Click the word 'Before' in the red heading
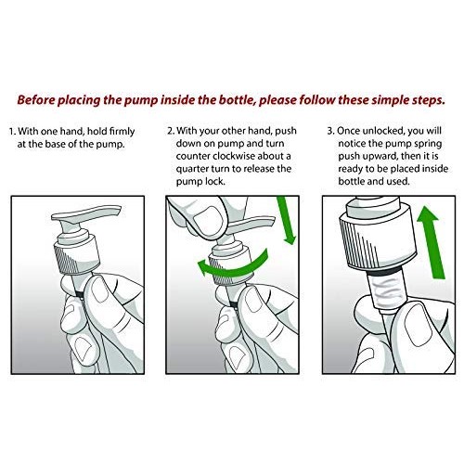[35, 100]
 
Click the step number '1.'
[12, 132]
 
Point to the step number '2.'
[171, 131]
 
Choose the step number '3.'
[331, 131]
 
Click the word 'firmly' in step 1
[122, 132]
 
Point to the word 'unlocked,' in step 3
[383, 131]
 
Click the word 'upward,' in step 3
[380, 157]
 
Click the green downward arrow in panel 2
[286, 220]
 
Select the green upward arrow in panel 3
[432, 243]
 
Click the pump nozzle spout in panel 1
[86, 213]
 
